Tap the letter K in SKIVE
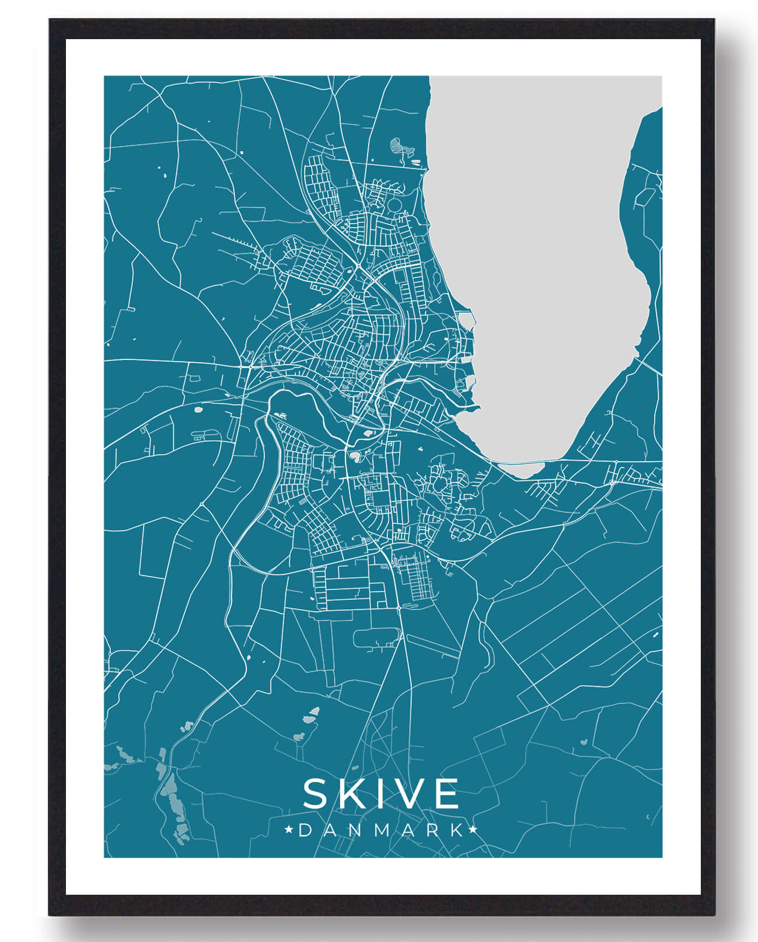352,794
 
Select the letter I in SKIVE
380,794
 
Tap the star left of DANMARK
288,830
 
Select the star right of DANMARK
473,830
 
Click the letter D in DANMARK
305,830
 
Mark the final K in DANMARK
457,830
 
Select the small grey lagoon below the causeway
522,469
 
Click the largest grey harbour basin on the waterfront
466,320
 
